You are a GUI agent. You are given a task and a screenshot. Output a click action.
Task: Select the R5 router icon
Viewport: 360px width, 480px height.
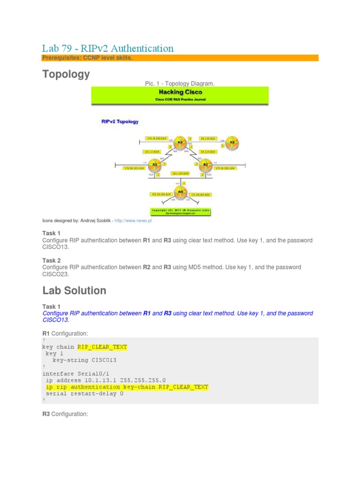point(230,142)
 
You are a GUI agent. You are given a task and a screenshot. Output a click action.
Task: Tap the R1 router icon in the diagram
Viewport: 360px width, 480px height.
point(154,165)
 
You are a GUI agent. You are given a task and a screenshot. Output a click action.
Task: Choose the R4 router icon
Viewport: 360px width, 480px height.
point(180,192)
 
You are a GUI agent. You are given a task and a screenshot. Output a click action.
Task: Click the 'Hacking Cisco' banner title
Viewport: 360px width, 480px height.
point(180,92)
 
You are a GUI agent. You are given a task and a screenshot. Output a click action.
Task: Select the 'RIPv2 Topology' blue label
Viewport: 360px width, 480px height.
point(120,121)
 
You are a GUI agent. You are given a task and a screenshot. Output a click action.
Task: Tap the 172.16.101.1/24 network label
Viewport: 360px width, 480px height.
point(133,167)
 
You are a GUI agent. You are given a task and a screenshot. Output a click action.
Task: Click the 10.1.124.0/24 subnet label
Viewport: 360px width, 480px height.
point(180,173)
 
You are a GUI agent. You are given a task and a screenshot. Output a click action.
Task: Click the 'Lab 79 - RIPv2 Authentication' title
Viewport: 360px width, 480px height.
point(108,48)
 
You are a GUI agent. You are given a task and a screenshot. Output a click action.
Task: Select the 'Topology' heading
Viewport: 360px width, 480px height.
point(66,74)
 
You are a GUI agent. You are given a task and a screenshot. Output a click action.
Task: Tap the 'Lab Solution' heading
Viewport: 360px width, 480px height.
point(74,290)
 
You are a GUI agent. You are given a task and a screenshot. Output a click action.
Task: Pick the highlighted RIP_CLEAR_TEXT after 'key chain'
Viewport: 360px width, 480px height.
point(102,347)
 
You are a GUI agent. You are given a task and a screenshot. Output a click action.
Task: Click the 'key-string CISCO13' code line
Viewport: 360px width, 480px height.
point(84,360)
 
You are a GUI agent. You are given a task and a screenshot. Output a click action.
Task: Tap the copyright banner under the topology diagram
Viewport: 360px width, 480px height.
point(180,211)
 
